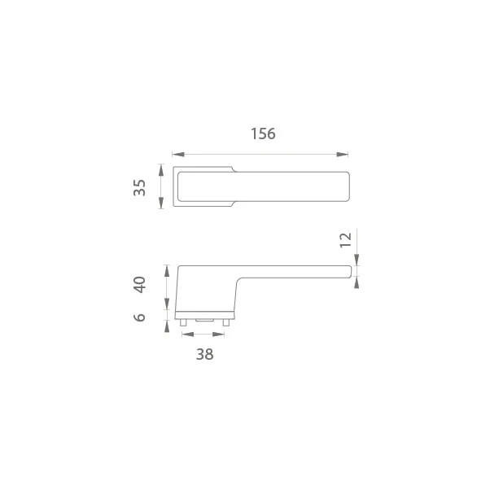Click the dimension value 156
pos(263,133)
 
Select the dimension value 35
pos(139,187)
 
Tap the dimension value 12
pos(346,240)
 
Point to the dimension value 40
pos(139,284)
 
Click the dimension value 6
pos(139,317)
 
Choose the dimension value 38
pos(204,354)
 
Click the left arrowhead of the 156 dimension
pos(178,155)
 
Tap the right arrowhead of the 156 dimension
pos(342,155)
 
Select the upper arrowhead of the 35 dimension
pos(161,169)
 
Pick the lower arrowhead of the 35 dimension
pos(161,203)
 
